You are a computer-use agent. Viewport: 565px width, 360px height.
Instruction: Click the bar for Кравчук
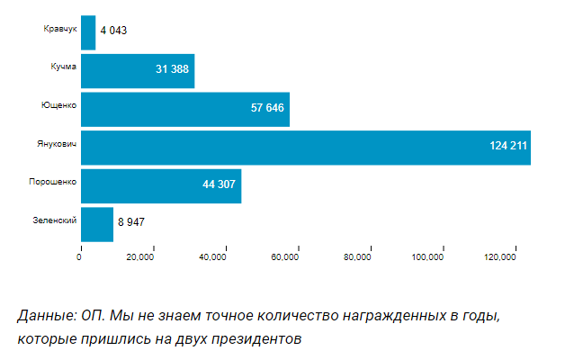pyautogui.click(x=88, y=32)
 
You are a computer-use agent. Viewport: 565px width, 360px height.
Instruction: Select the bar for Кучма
pyautogui.click(x=138, y=70)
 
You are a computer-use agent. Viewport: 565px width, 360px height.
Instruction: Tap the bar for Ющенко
pyautogui.click(x=184, y=109)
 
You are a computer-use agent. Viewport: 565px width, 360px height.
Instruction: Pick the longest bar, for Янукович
pyautogui.click(x=305, y=147)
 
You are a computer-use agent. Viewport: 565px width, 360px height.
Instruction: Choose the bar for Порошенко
pyautogui.click(x=160, y=185)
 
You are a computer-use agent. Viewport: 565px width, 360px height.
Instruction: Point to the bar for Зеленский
pyautogui.click(x=97, y=223)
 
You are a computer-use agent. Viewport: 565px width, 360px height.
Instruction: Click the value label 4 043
pyautogui.click(x=113, y=31)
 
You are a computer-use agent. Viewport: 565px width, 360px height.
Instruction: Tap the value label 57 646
pyautogui.click(x=267, y=108)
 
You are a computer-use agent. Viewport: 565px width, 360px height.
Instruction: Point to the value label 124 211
pyautogui.click(x=507, y=146)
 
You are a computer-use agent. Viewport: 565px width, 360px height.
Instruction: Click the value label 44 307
pyautogui.click(x=219, y=184)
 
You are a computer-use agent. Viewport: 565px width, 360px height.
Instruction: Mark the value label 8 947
pyautogui.click(x=130, y=222)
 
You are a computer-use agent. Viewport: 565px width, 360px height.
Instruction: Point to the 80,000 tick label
pyautogui.click(x=357, y=258)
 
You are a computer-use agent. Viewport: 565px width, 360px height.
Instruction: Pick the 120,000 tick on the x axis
pyautogui.click(x=499, y=258)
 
